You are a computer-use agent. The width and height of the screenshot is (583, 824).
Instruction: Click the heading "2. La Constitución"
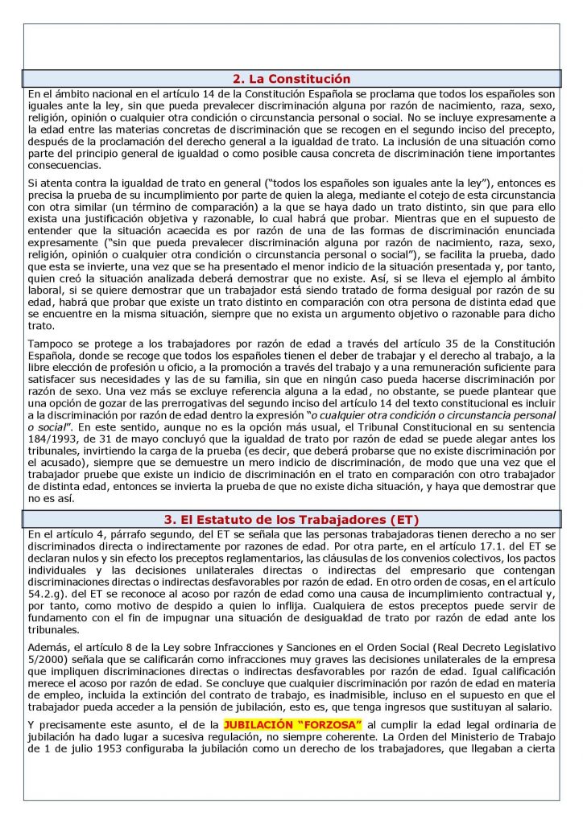click(x=291, y=79)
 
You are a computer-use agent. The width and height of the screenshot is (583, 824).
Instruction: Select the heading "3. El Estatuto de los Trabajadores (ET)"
click(x=291, y=519)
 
